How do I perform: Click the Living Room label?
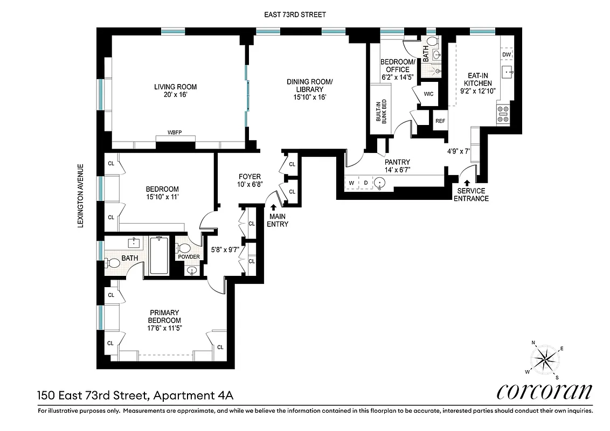click(x=175, y=87)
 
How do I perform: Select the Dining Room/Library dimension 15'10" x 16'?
click(x=310, y=98)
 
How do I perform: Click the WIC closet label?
click(x=428, y=94)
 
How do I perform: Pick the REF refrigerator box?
click(x=440, y=121)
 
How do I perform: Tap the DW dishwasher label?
click(x=507, y=55)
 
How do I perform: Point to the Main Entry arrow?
click(x=274, y=206)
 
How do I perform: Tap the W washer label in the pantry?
click(x=352, y=183)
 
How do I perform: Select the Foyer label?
click(x=249, y=177)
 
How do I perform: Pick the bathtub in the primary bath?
click(x=160, y=255)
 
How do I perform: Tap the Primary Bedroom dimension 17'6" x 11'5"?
click(x=164, y=328)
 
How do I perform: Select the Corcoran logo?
click(x=544, y=392)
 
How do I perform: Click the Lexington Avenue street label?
click(x=81, y=196)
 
